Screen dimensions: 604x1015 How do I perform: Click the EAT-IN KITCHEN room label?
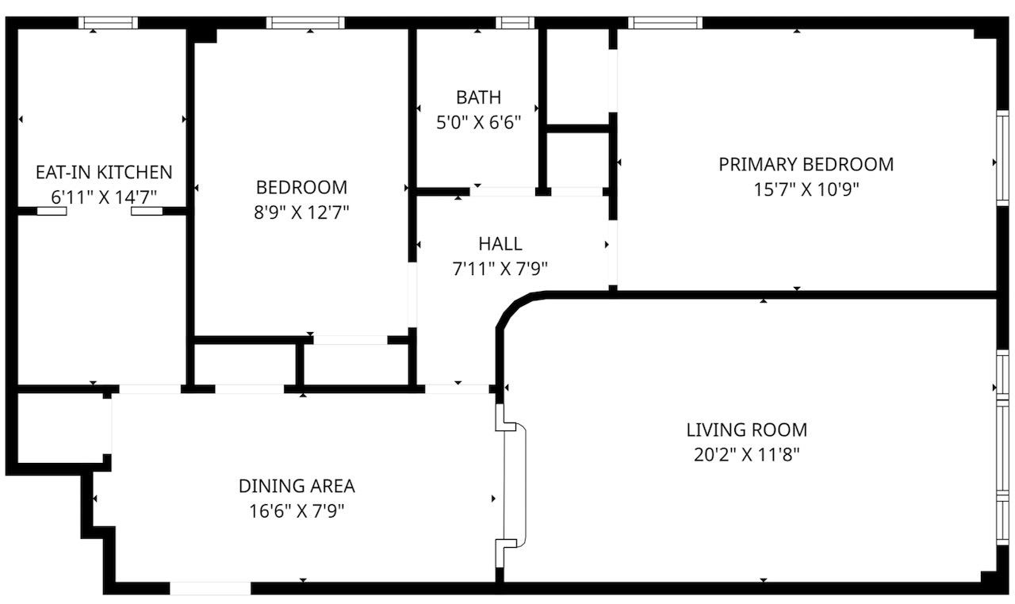pos(104,172)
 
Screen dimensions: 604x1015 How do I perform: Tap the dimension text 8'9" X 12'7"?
pos(301,212)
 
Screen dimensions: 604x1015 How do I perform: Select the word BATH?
pos(478,97)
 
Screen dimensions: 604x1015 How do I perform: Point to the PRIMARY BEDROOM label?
pos(806,164)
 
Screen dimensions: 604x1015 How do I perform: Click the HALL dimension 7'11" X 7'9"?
pos(500,269)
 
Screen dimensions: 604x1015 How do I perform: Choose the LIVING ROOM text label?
pos(746,430)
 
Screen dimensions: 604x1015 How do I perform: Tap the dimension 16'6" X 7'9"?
pos(297,511)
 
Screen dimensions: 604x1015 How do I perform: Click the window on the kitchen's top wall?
pos(108,23)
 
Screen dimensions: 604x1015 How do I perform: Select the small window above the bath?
pos(515,23)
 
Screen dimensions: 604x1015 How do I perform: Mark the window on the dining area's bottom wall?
pos(211,588)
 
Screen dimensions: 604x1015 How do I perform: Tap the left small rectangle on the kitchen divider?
pos(52,212)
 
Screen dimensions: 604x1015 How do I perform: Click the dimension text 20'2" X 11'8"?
pos(746,455)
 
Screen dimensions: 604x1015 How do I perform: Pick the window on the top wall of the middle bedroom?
pos(305,23)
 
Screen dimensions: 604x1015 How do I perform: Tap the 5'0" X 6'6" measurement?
pos(478,123)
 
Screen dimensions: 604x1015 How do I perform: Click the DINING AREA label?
pos(297,486)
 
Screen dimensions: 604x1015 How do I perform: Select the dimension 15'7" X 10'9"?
pos(806,189)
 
